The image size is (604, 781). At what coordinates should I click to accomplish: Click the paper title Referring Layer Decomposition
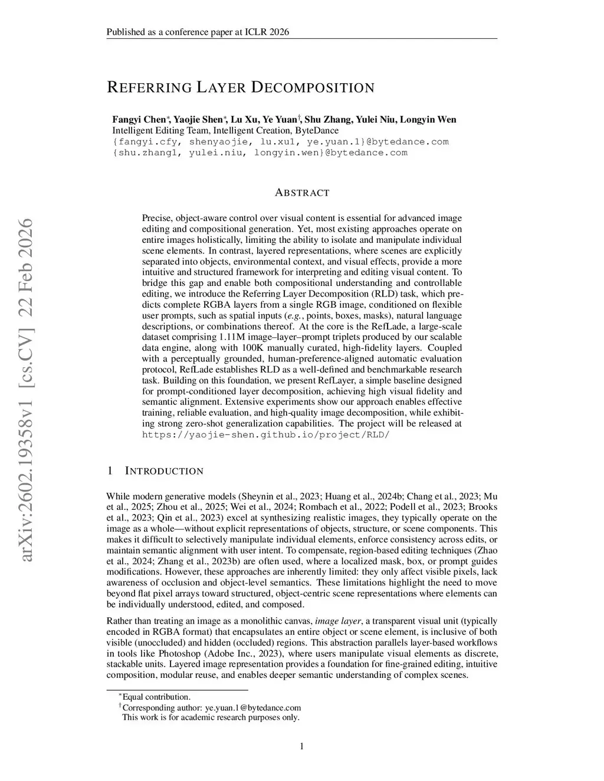241,88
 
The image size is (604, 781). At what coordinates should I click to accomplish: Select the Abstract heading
302,193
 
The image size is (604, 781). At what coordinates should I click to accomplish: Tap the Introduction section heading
164,471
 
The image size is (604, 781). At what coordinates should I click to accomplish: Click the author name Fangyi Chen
140,120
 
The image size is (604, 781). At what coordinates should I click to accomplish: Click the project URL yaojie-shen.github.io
266,434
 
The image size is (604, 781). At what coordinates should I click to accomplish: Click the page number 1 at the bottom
302,747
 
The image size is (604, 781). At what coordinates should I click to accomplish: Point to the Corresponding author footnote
211,707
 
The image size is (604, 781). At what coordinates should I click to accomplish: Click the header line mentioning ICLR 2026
198,32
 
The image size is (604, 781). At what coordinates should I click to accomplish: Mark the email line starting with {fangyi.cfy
280,141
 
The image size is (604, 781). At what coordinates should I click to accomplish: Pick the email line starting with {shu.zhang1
260,153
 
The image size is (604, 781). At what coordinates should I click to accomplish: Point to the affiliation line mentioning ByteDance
225,130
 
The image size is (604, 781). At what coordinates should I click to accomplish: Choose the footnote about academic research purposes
211,717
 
